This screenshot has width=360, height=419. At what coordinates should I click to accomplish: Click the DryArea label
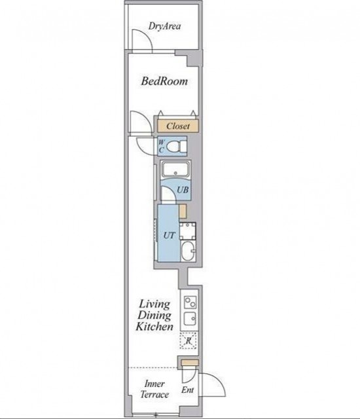164,26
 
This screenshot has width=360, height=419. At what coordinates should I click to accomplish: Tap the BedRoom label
164,81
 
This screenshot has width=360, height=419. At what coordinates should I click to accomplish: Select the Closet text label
178,126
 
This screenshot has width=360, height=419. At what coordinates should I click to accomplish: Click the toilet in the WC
177,147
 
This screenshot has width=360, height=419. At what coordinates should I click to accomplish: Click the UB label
183,190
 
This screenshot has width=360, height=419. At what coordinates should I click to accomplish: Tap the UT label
169,236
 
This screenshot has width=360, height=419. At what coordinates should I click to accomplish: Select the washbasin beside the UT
189,251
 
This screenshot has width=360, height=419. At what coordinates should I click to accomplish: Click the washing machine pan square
187,231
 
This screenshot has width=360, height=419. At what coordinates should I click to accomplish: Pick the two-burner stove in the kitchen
190,302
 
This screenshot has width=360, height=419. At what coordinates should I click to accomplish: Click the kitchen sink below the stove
190,318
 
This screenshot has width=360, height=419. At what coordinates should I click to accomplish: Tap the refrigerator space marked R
189,340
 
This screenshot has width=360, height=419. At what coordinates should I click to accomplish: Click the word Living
154,304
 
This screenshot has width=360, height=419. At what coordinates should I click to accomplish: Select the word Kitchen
154,327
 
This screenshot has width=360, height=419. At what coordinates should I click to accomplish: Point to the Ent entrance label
187,390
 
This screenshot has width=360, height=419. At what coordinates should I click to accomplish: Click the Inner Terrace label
154,389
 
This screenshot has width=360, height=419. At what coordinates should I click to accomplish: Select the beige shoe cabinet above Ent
190,362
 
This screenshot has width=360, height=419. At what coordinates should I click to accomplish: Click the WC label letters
161,146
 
